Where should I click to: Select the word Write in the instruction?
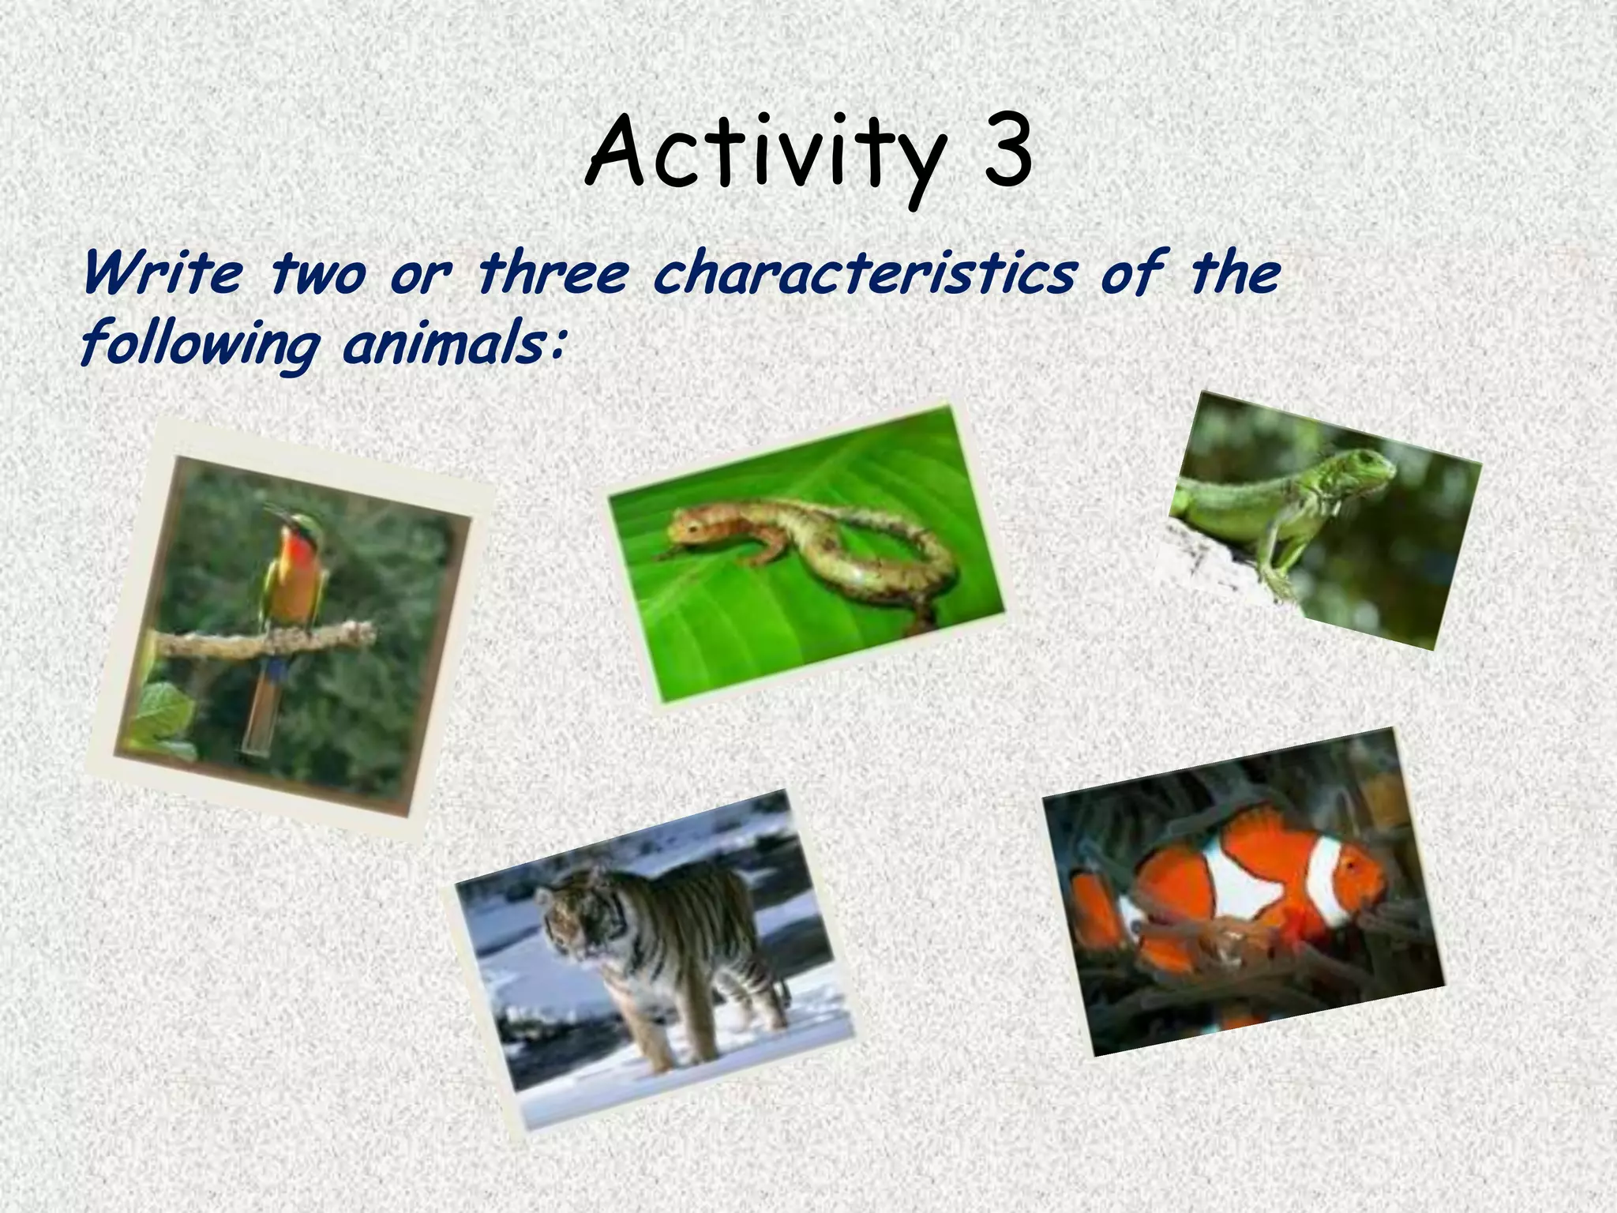pos(161,273)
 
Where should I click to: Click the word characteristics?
pos(864,273)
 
